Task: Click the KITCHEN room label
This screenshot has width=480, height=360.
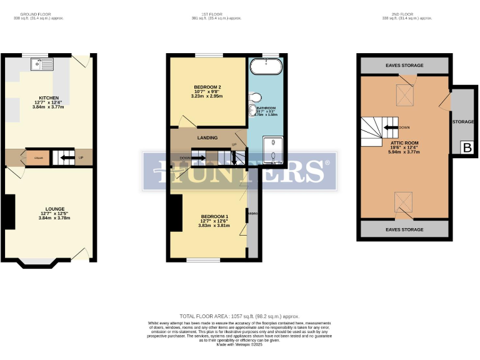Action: point(49,98)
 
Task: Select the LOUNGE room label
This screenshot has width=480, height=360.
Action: point(55,208)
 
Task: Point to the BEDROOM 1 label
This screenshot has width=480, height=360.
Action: point(214,216)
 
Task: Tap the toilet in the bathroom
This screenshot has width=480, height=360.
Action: point(254,97)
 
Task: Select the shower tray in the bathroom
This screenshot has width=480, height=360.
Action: point(273,151)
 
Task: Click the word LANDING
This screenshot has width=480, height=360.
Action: point(207,138)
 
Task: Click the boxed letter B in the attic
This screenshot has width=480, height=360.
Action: point(467,148)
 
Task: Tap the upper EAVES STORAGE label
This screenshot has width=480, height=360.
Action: point(404,66)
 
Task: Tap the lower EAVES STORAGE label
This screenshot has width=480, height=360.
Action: point(404,229)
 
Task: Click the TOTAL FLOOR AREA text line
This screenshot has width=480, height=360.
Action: point(239,317)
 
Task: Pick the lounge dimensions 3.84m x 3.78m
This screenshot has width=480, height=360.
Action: point(55,217)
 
